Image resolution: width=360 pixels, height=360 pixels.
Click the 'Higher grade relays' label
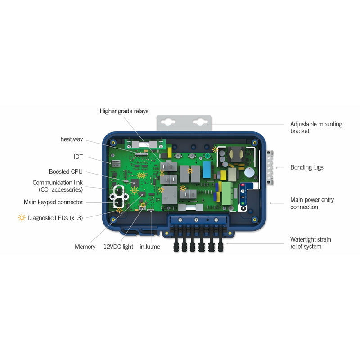pyautogui.click(x=124, y=111)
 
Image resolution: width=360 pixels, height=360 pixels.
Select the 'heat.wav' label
pyautogui.click(x=72, y=139)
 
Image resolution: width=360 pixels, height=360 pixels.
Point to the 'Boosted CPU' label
pyautogui.click(x=66, y=171)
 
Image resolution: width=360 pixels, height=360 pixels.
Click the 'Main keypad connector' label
pyautogui.click(x=53, y=202)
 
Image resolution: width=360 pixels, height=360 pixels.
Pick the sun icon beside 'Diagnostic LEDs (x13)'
pyautogui.click(x=22, y=218)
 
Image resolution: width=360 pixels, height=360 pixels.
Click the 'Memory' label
pyautogui.click(x=85, y=247)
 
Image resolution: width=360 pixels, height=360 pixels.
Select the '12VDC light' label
pyautogui.click(x=118, y=247)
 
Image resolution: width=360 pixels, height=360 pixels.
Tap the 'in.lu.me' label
pyautogui.click(x=149, y=247)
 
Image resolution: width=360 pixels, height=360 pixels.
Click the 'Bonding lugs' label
pyautogui.click(x=306, y=167)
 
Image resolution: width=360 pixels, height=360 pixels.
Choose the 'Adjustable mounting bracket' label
pyautogui.click(x=316, y=127)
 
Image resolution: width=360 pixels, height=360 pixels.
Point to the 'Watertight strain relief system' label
pyautogui.click(x=310, y=243)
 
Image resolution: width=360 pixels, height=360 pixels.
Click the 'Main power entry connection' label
pyautogui.click(x=312, y=203)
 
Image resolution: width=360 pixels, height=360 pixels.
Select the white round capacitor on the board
pyautogui.click(x=249, y=172)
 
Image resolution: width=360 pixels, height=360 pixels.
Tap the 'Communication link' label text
pyautogui.click(x=57, y=183)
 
